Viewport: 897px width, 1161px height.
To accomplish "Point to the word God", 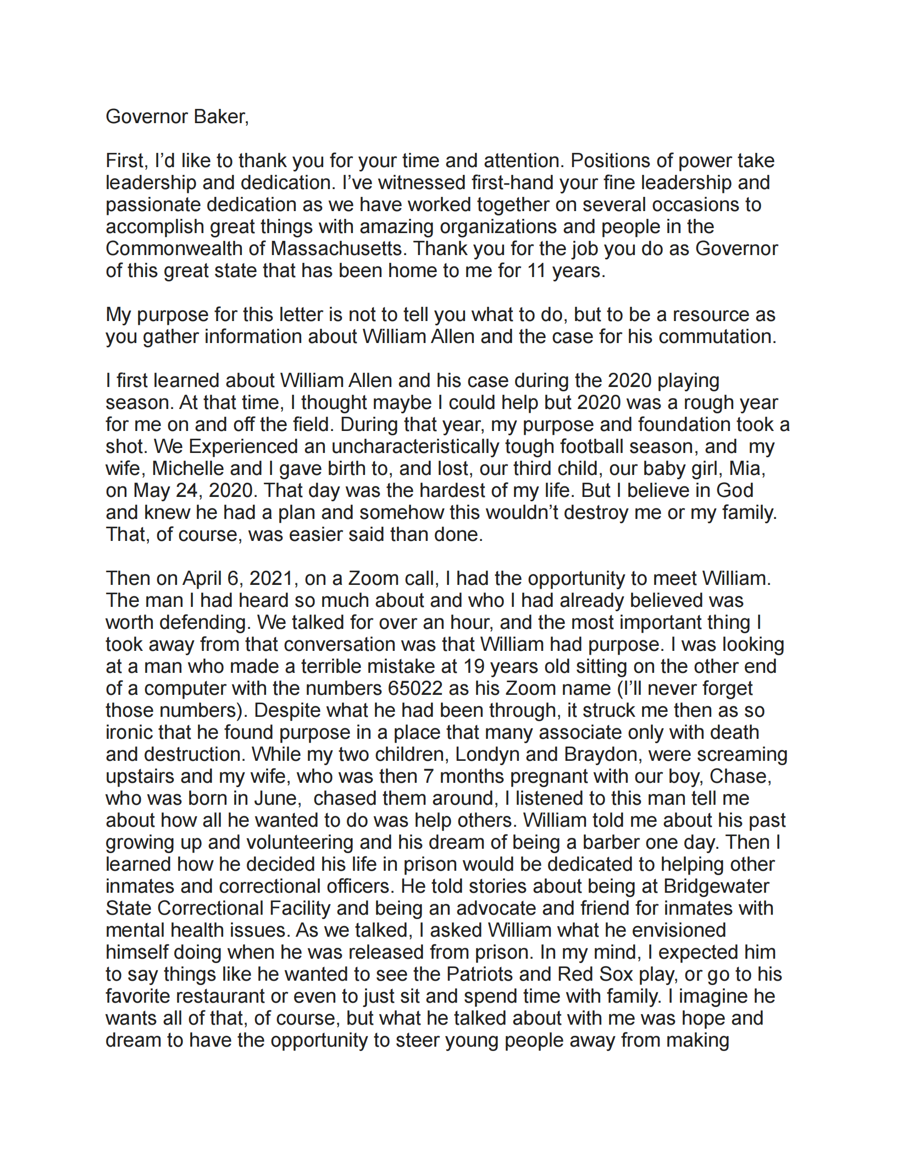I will click(735, 491).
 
